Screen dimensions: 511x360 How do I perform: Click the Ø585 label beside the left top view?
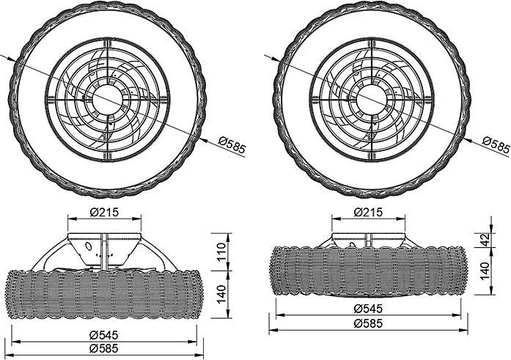pyautogui.click(x=232, y=145)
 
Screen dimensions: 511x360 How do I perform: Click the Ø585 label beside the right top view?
pyautogui.click(x=496, y=145)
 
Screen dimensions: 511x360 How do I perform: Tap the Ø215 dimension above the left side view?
pyautogui.click(x=104, y=213)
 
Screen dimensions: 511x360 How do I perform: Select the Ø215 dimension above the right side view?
pyautogui.click(x=368, y=213)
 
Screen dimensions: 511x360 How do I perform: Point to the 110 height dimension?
pyautogui.click(x=221, y=251)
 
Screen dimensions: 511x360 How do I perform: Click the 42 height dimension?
pyautogui.click(x=485, y=240)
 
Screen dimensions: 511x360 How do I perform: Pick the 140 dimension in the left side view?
pyautogui.click(x=221, y=294)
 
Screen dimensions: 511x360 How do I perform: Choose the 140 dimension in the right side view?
pyautogui.click(x=485, y=271)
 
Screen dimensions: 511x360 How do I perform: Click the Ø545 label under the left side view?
pyautogui.click(x=104, y=334)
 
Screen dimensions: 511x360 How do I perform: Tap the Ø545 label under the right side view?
pyautogui.click(x=368, y=308)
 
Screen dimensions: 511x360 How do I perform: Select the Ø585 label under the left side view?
pyautogui.click(x=104, y=348)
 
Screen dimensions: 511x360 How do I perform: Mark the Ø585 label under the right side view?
pyautogui.click(x=368, y=323)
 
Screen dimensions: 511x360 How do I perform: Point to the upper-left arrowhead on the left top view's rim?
pyautogui.click(x=12, y=59)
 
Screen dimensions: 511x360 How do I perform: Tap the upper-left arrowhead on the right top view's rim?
pyautogui.click(x=276, y=59)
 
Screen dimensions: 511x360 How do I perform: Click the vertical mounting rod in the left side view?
pyautogui.click(x=104, y=251)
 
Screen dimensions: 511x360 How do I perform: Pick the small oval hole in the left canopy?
pyautogui.click(x=88, y=246)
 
